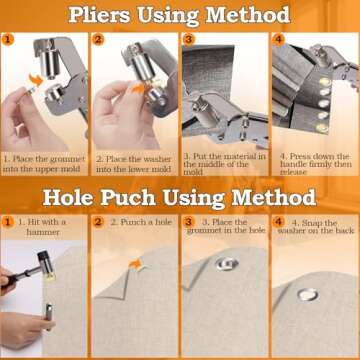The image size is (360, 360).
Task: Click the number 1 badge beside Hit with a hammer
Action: [8, 221]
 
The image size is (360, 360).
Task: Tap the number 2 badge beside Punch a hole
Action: [98, 222]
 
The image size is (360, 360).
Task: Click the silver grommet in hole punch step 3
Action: [224, 291]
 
